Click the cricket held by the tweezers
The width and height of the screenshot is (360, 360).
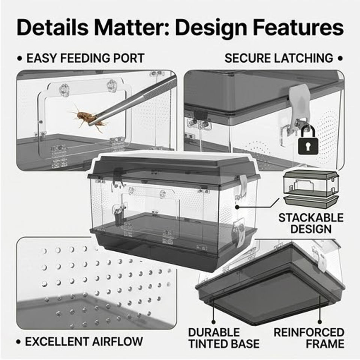click(87, 117)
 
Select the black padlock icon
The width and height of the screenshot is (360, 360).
click(308, 140)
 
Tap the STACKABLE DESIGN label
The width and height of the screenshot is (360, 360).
click(311, 223)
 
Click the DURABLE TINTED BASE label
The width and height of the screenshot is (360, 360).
click(224, 338)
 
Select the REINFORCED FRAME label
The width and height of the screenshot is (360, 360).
click(309, 338)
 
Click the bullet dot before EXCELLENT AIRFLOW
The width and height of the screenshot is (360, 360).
click(19, 342)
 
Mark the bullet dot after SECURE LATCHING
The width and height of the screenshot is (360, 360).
click(340, 58)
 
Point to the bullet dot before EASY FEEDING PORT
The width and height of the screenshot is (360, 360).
click(20, 58)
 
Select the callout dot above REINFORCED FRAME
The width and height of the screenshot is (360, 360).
click(319, 322)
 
